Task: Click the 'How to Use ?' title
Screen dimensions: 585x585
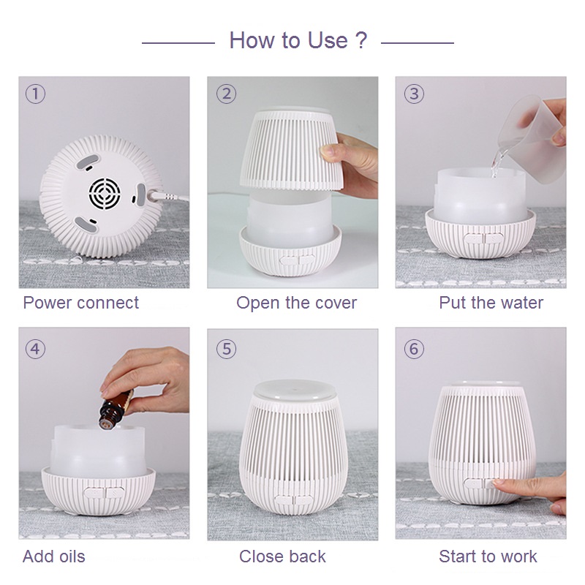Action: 298,40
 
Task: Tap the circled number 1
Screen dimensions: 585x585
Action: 35,94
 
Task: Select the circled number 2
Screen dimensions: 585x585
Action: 226,94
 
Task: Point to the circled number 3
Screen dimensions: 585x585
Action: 414,94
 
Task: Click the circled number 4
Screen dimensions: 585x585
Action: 35,350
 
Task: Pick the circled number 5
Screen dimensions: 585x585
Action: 226,350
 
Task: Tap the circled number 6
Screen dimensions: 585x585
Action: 414,350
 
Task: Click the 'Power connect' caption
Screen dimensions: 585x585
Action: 81,303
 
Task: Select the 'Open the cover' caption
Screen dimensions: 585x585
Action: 297,303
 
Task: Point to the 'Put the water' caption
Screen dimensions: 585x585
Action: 491,303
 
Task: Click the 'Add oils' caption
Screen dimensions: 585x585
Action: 54,556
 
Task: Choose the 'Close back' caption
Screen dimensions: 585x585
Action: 282,556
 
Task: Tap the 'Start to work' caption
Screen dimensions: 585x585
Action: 488,556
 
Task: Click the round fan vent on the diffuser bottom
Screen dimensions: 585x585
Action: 105,193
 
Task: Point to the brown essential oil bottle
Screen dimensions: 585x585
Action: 116,409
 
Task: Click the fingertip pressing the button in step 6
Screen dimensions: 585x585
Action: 500,484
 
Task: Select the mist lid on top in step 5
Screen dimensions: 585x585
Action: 293,390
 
